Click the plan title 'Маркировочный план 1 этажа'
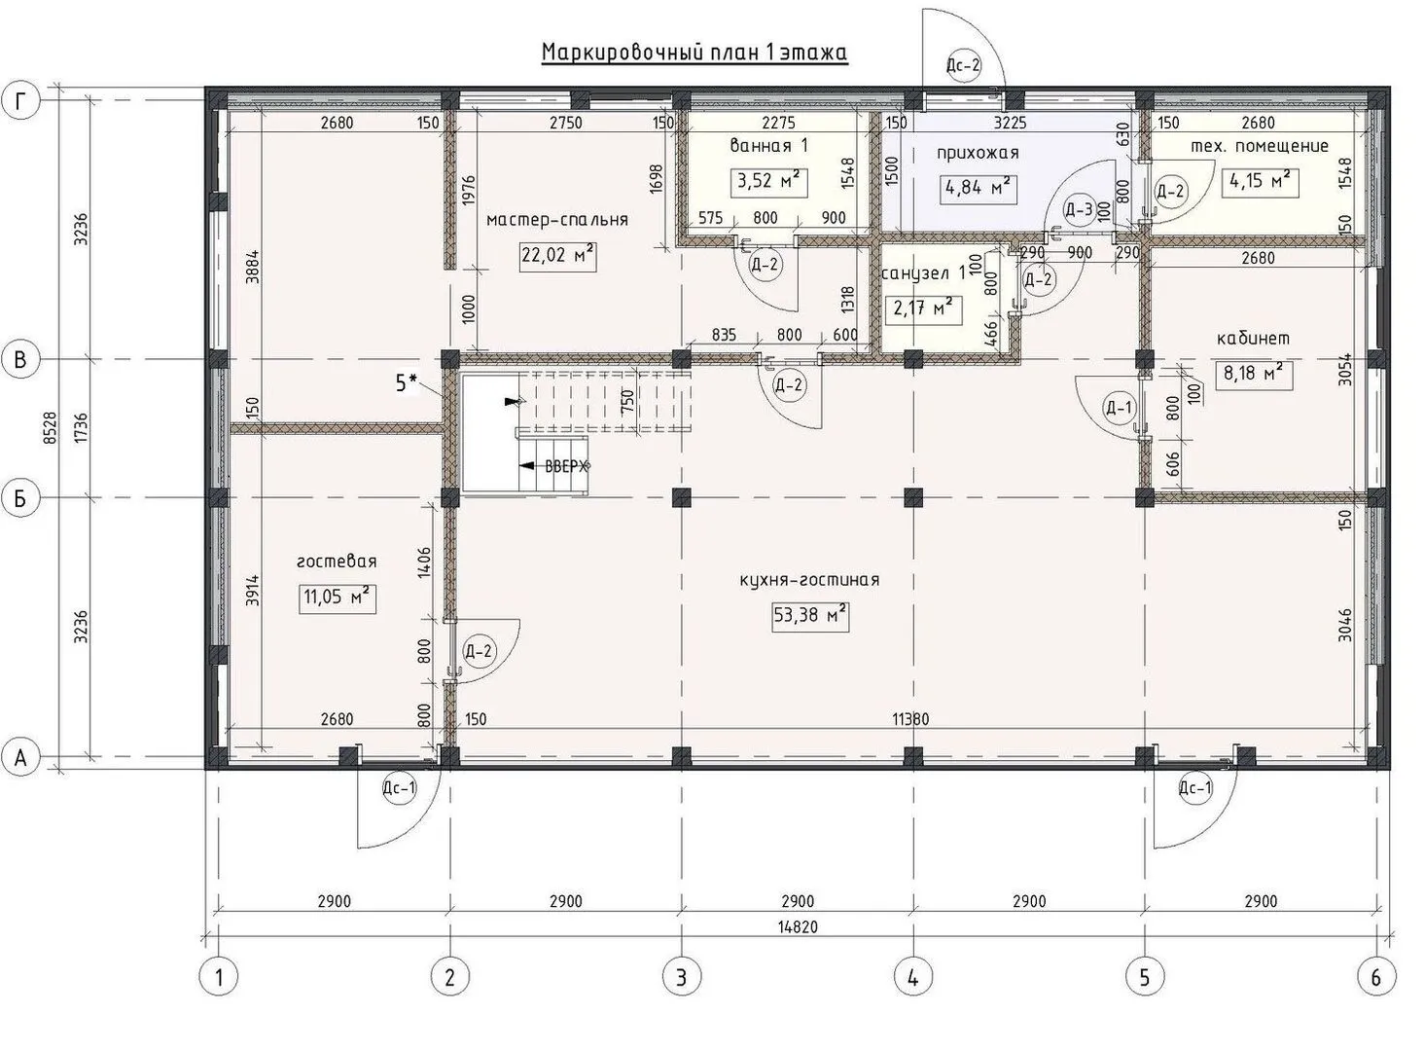[694, 53]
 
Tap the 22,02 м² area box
[557, 256]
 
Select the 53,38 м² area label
[810, 616]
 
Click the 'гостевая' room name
[337, 562]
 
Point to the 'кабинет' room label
[1253, 339]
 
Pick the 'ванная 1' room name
[768, 146]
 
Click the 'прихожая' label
[978, 154]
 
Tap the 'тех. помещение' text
[1260, 146]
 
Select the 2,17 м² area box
[923, 309]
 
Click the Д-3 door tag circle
[1079, 210]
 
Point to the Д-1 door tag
[1120, 408]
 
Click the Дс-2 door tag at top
[964, 65]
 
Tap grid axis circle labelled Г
[20, 101]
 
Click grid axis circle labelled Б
[20, 498]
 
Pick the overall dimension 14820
[798, 926]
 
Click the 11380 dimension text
[911, 719]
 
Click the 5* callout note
[407, 383]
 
